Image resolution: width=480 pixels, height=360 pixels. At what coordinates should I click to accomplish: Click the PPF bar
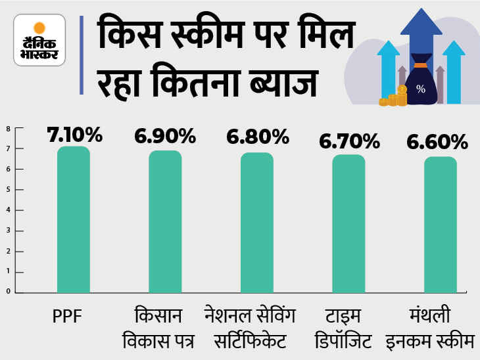coord(73,219)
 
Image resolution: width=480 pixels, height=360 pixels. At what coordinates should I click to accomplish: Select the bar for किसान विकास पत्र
coord(165,221)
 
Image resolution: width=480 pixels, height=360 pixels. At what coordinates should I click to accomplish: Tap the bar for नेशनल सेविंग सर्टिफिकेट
coord(257,223)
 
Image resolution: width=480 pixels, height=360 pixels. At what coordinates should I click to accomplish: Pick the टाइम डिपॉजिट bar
coord(348,223)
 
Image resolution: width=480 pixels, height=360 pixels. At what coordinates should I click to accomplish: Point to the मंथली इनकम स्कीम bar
coord(441,225)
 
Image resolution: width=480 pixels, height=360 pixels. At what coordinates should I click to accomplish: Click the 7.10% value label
coord(74,135)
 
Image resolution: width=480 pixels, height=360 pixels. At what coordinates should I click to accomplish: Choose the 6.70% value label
coord(348,141)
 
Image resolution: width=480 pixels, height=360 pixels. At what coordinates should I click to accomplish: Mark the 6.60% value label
coord(440,141)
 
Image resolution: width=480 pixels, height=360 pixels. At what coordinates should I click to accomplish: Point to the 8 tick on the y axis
coord(9,129)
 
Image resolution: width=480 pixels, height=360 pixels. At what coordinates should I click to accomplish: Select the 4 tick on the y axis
coord(9,210)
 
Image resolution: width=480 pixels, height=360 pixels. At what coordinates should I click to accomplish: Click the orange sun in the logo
coord(39,28)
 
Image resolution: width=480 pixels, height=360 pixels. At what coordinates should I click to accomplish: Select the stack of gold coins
coord(393,100)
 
